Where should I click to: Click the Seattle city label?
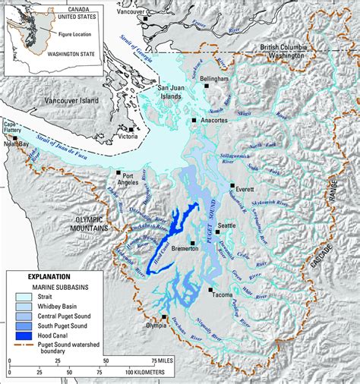(x=226, y=225)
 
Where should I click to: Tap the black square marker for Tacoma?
(x=210, y=290)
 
